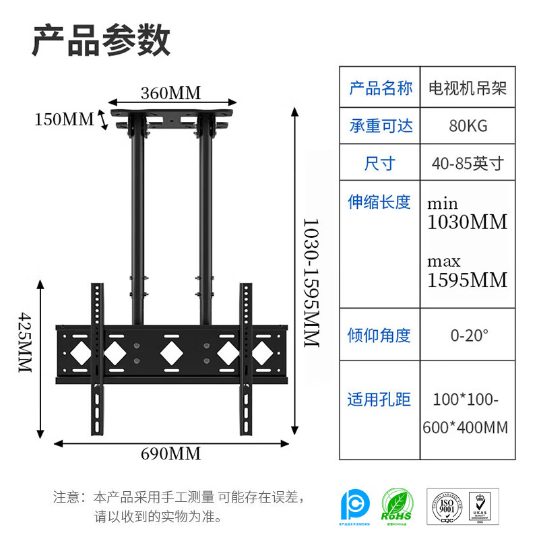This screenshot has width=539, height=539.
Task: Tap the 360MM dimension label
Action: click(x=170, y=93)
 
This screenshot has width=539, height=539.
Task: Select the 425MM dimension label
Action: click(x=25, y=343)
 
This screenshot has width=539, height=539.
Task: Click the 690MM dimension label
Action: click(x=170, y=454)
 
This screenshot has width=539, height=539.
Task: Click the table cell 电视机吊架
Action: click(x=468, y=88)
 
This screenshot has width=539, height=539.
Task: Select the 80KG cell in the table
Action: click(x=468, y=125)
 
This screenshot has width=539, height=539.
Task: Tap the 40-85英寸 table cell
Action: click(x=468, y=163)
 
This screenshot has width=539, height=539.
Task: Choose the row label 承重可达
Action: click(x=380, y=125)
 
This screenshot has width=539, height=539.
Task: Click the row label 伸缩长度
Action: click(x=380, y=201)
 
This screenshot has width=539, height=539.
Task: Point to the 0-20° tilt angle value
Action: click(x=468, y=335)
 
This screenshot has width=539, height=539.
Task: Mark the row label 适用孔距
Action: click(x=380, y=400)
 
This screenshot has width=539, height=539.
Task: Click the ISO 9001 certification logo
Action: click(x=443, y=506)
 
